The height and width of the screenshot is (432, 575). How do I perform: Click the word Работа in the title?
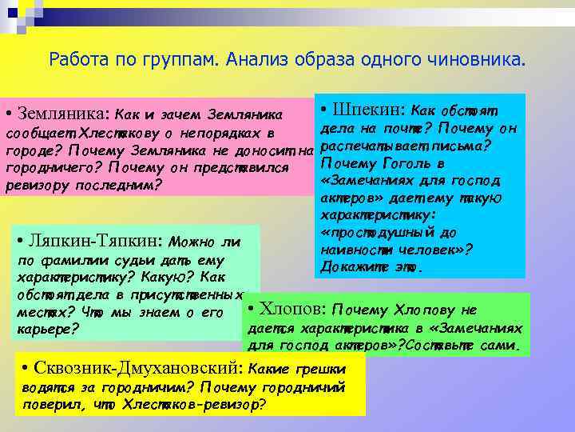point(76,59)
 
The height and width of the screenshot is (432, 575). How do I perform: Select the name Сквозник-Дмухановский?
point(141,369)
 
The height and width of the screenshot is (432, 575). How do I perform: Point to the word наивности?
point(356,249)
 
